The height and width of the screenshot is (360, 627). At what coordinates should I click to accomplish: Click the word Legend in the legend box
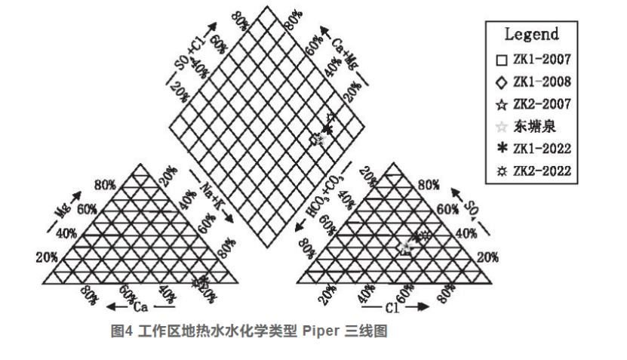(x=531, y=34)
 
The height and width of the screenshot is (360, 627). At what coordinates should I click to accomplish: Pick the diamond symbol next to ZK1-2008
(x=501, y=81)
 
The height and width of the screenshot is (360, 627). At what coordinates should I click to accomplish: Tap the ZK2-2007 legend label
(x=542, y=103)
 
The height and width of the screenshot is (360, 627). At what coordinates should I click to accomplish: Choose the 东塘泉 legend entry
(x=534, y=126)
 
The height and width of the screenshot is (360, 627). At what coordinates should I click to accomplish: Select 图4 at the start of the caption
(x=122, y=331)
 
